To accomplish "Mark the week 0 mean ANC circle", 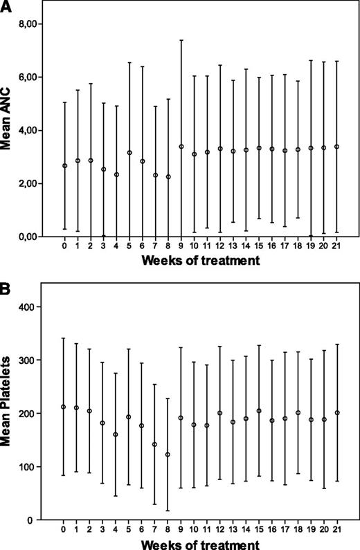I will pyautogui.click(x=64, y=166).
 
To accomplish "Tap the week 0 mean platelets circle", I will pyautogui.click(x=64, y=407).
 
